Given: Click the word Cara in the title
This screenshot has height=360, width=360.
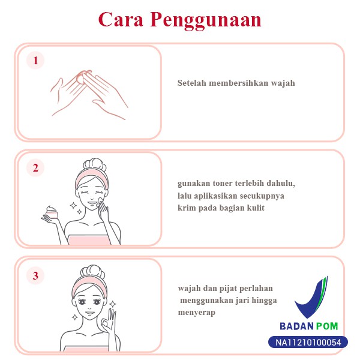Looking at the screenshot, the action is click(x=121, y=19).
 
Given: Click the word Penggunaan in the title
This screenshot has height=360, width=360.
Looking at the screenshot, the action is click(x=206, y=20).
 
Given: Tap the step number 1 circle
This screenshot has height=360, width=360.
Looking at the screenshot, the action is click(x=35, y=61).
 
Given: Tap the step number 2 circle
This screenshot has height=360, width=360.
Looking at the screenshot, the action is click(x=35, y=168).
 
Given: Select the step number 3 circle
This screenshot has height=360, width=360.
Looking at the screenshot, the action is click(x=35, y=275).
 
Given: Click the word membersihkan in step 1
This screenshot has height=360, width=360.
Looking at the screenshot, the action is click(x=238, y=83).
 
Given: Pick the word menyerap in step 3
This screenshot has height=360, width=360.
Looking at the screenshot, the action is click(x=197, y=313).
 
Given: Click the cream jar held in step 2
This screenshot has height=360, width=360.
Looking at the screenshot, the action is click(x=52, y=213).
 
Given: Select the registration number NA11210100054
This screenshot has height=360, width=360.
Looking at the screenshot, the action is click(x=308, y=343).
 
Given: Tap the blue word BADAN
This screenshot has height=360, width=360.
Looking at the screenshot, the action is click(x=296, y=326).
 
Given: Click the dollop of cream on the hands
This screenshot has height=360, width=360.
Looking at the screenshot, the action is click(x=81, y=79).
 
